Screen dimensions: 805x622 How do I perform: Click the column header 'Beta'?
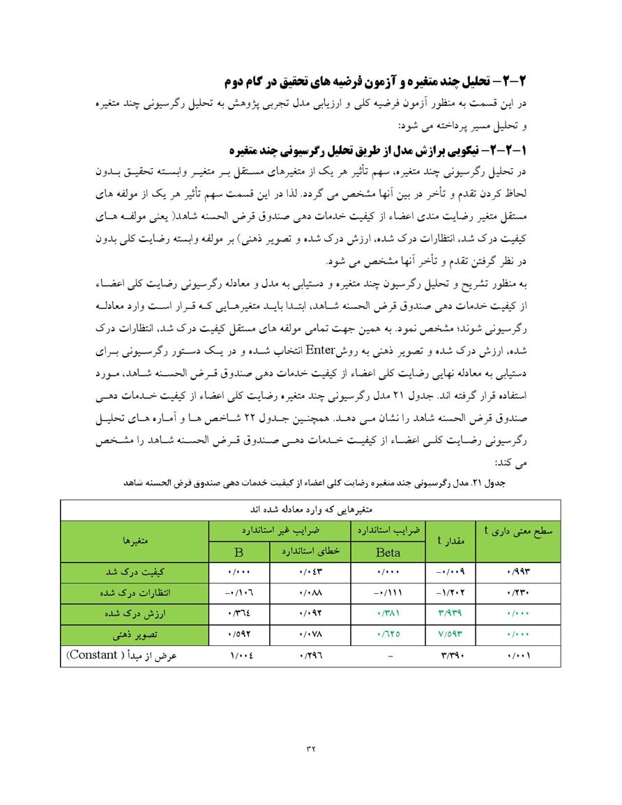[388, 552]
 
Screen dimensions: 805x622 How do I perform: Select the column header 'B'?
[238, 552]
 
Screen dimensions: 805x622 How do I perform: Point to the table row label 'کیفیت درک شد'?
[135, 572]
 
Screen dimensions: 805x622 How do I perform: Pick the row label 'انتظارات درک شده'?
[135, 593]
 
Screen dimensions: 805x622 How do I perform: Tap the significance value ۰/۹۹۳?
[517, 572]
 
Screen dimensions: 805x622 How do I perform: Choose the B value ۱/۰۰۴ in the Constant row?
[239, 655]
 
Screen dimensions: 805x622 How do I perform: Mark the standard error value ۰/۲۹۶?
[310, 655]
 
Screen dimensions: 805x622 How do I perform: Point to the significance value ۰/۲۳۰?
[517, 593]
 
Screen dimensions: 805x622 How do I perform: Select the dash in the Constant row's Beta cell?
[388, 656]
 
